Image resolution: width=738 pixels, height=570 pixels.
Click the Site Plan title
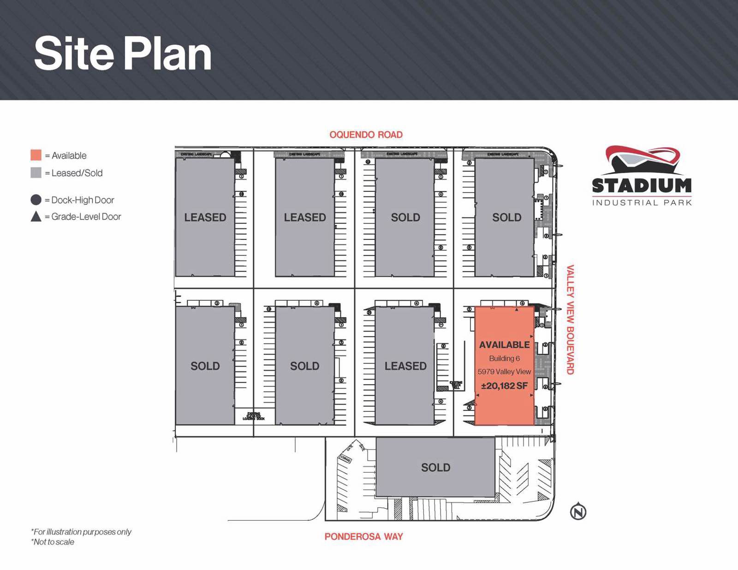pyautogui.click(x=123, y=54)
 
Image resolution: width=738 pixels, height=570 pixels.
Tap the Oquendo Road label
pyautogui.click(x=366, y=135)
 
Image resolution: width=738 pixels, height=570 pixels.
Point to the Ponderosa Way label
pyautogui.click(x=363, y=536)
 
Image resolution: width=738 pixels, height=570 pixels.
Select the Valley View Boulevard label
pyautogui.click(x=571, y=320)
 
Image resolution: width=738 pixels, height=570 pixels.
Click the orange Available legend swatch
pyautogui.click(x=36, y=155)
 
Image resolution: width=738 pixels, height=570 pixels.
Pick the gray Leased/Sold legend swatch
pyautogui.click(x=36, y=173)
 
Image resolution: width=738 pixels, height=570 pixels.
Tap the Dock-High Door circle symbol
pyautogui.click(x=36, y=200)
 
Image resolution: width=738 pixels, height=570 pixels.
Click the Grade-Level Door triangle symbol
pyautogui.click(x=36, y=216)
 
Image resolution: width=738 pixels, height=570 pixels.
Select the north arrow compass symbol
pyautogui.click(x=578, y=512)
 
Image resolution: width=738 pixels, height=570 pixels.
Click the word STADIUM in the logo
pyautogui.click(x=642, y=186)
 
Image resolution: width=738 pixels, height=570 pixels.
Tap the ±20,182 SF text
pyautogui.click(x=504, y=386)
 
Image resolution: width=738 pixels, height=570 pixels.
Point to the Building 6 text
pyautogui.click(x=504, y=358)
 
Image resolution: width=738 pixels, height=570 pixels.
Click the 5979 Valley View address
pyautogui.click(x=504, y=372)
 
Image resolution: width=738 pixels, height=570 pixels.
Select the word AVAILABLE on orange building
pyautogui.click(x=504, y=345)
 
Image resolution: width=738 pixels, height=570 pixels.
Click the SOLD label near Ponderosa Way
pyautogui.click(x=435, y=468)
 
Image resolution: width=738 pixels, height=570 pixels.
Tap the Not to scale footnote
pyautogui.click(x=53, y=542)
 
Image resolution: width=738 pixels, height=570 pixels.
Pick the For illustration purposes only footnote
pyautogui.click(x=81, y=532)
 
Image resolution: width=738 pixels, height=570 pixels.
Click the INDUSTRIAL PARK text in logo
pyautogui.click(x=642, y=202)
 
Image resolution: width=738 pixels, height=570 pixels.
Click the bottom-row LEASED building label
pyautogui.click(x=405, y=366)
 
